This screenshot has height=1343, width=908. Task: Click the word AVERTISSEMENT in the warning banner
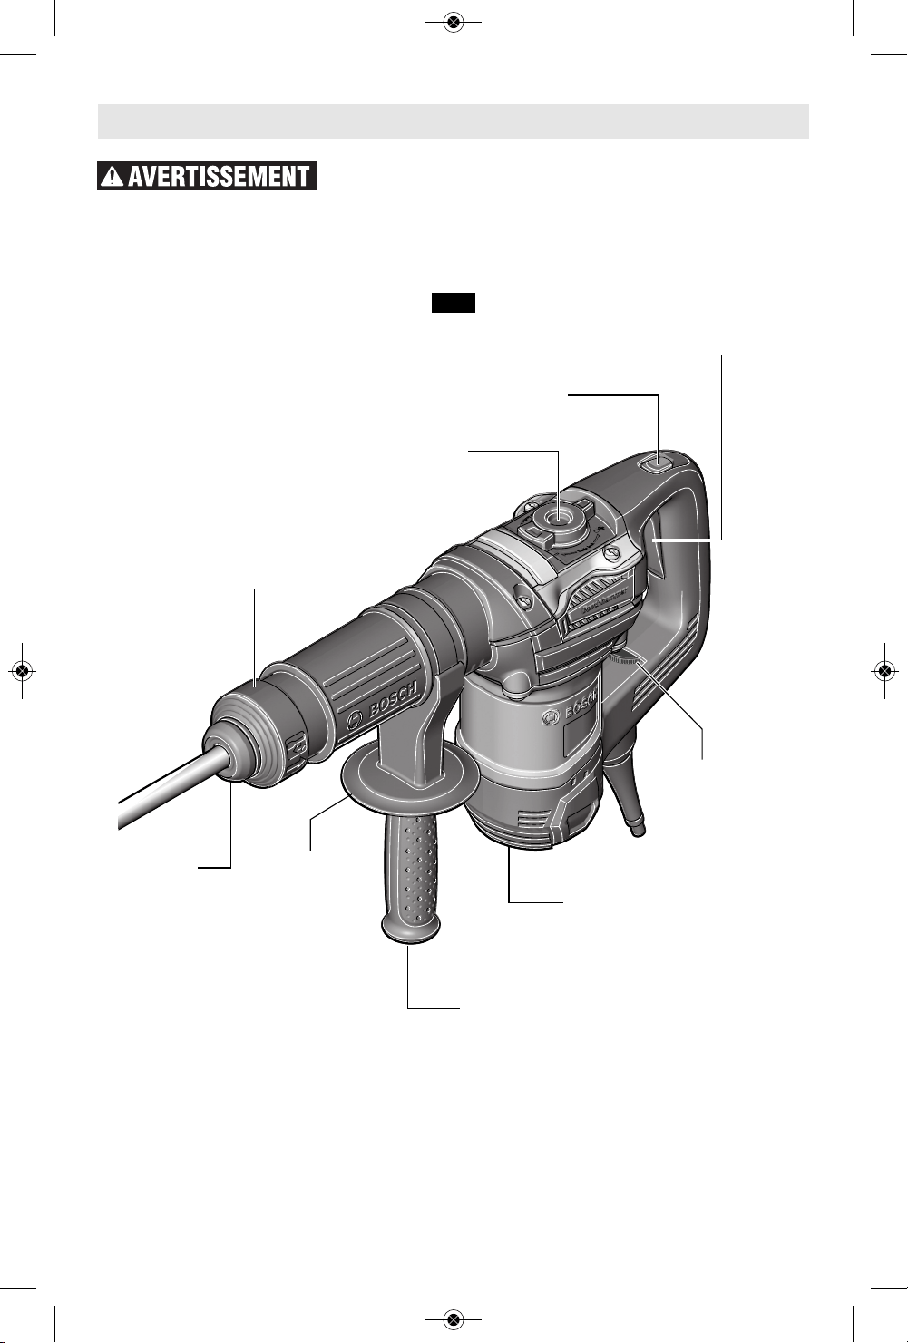219,176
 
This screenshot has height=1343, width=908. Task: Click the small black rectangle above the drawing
454,303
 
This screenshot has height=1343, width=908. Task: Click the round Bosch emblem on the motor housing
548,718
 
